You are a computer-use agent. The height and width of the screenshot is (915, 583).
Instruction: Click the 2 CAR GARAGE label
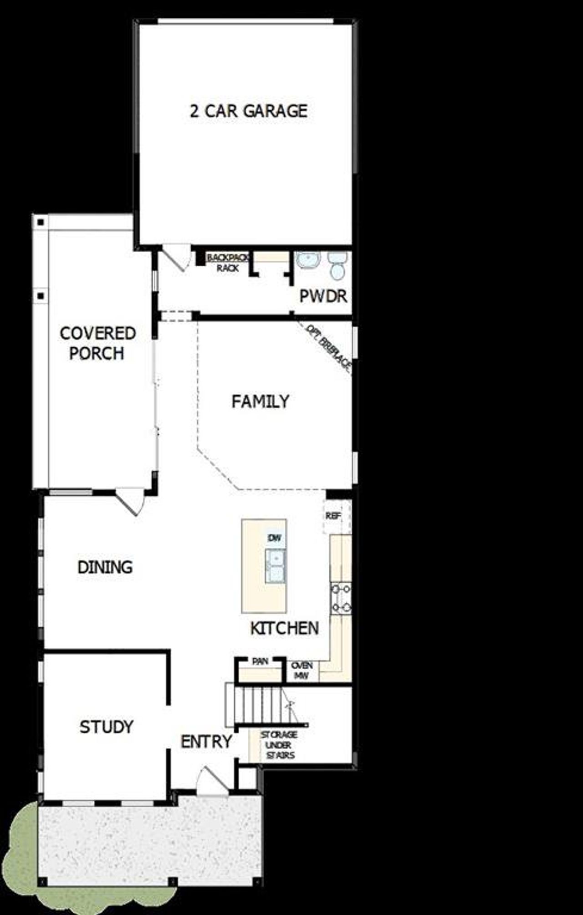click(x=249, y=111)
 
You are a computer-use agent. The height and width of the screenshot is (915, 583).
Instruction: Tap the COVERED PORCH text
click(x=97, y=343)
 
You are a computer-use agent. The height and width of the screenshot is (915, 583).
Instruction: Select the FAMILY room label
click(x=260, y=402)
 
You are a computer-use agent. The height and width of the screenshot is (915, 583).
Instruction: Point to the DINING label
click(x=105, y=567)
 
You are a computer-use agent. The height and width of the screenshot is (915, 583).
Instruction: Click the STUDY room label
click(x=107, y=727)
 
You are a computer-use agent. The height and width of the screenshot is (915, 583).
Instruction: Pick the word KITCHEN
click(x=284, y=629)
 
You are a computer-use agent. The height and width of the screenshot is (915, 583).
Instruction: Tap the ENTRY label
click(x=206, y=742)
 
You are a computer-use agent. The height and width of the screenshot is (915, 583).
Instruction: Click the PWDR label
click(x=323, y=296)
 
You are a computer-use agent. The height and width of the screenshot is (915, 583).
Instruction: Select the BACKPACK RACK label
click(x=228, y=263)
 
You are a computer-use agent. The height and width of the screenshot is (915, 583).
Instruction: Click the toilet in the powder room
click(x=338, y=266)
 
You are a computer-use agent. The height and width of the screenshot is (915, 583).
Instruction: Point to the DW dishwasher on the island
click(x=275, y=539)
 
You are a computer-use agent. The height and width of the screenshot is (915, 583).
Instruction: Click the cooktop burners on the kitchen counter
click(x=341, y=598)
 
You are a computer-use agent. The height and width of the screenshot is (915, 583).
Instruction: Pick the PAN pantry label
click(x=260, y=661)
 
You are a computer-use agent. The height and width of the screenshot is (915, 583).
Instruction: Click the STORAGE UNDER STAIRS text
click(x=279, y=745)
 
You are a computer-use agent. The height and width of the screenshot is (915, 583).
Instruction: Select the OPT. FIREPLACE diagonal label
click(x=328, y=348)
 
